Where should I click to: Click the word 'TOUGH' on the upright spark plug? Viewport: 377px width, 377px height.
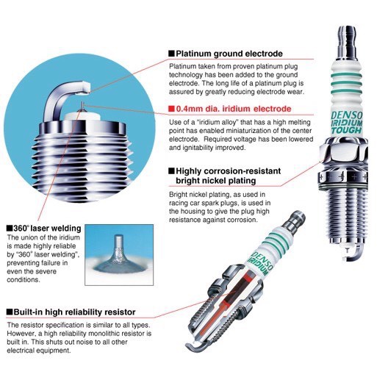coord(346,130)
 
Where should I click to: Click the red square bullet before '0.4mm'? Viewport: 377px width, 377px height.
coord(172,109)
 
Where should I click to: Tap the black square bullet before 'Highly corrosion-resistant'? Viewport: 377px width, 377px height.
coord(172,171)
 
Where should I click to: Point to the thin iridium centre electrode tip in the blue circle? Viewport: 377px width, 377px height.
coord(83,105)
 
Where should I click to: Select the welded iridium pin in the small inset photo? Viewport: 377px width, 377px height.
coord(119,245)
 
